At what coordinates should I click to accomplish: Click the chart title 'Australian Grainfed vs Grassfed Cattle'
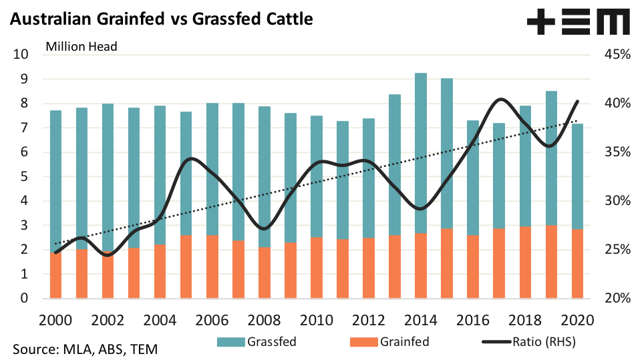point(160,19)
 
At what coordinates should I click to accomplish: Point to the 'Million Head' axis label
point(81,46)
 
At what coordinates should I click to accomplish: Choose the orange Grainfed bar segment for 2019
point(551,262)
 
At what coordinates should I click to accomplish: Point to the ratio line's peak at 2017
point(500,100)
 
